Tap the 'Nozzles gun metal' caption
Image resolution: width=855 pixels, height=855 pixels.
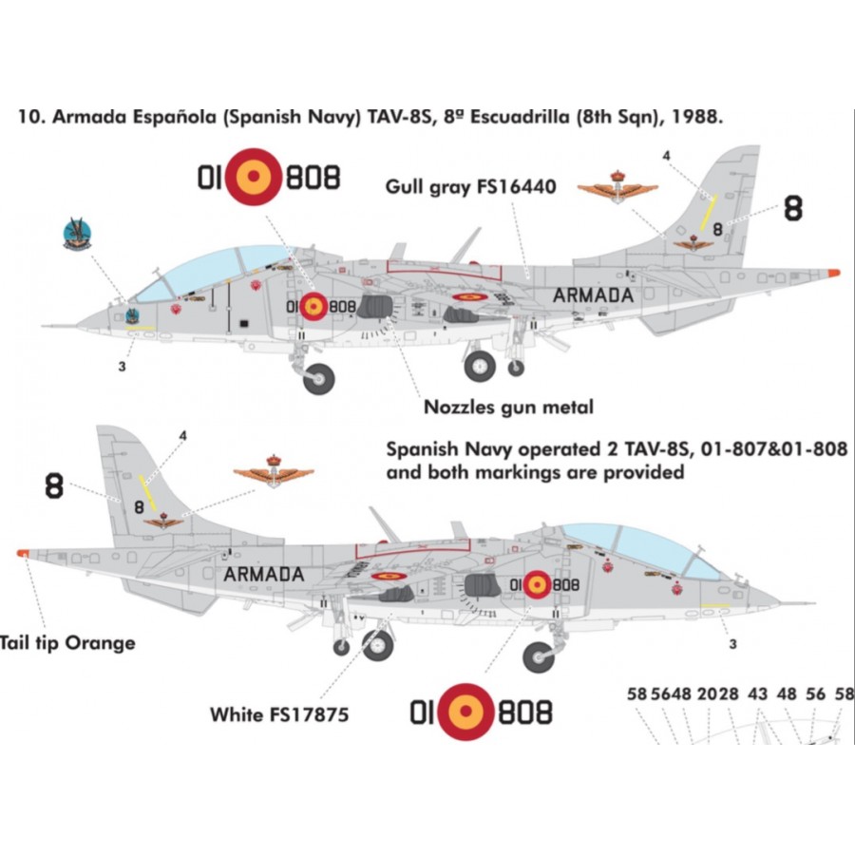[509, 408]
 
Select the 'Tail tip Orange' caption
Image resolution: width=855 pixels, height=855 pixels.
[67, 643]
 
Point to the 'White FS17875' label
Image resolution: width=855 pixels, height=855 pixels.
[279, 712]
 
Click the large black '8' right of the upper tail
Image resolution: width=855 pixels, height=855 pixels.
[792, 210]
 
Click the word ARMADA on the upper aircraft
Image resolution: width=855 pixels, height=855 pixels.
[593, 294]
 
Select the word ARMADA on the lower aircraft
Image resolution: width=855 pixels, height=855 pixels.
[264, 574]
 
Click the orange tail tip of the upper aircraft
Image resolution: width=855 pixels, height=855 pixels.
[833, 273]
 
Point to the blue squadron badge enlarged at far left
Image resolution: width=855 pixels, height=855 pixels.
[77, 234]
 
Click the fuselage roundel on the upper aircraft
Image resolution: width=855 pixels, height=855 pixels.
[314, 307]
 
